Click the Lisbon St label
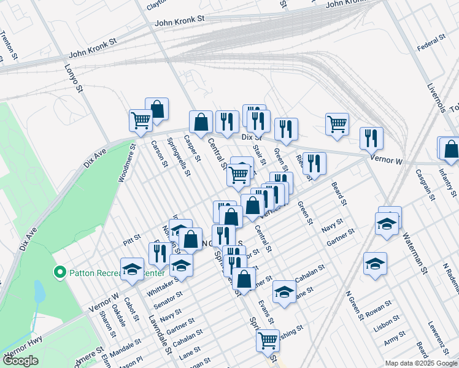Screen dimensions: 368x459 [x=387, y=324]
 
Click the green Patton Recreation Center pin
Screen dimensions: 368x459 [x=60, y=272]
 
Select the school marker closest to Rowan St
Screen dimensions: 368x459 [x=375, y=264]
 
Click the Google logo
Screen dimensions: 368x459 [x=20, y=361]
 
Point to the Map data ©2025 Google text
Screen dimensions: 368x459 [x=420, y=363]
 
